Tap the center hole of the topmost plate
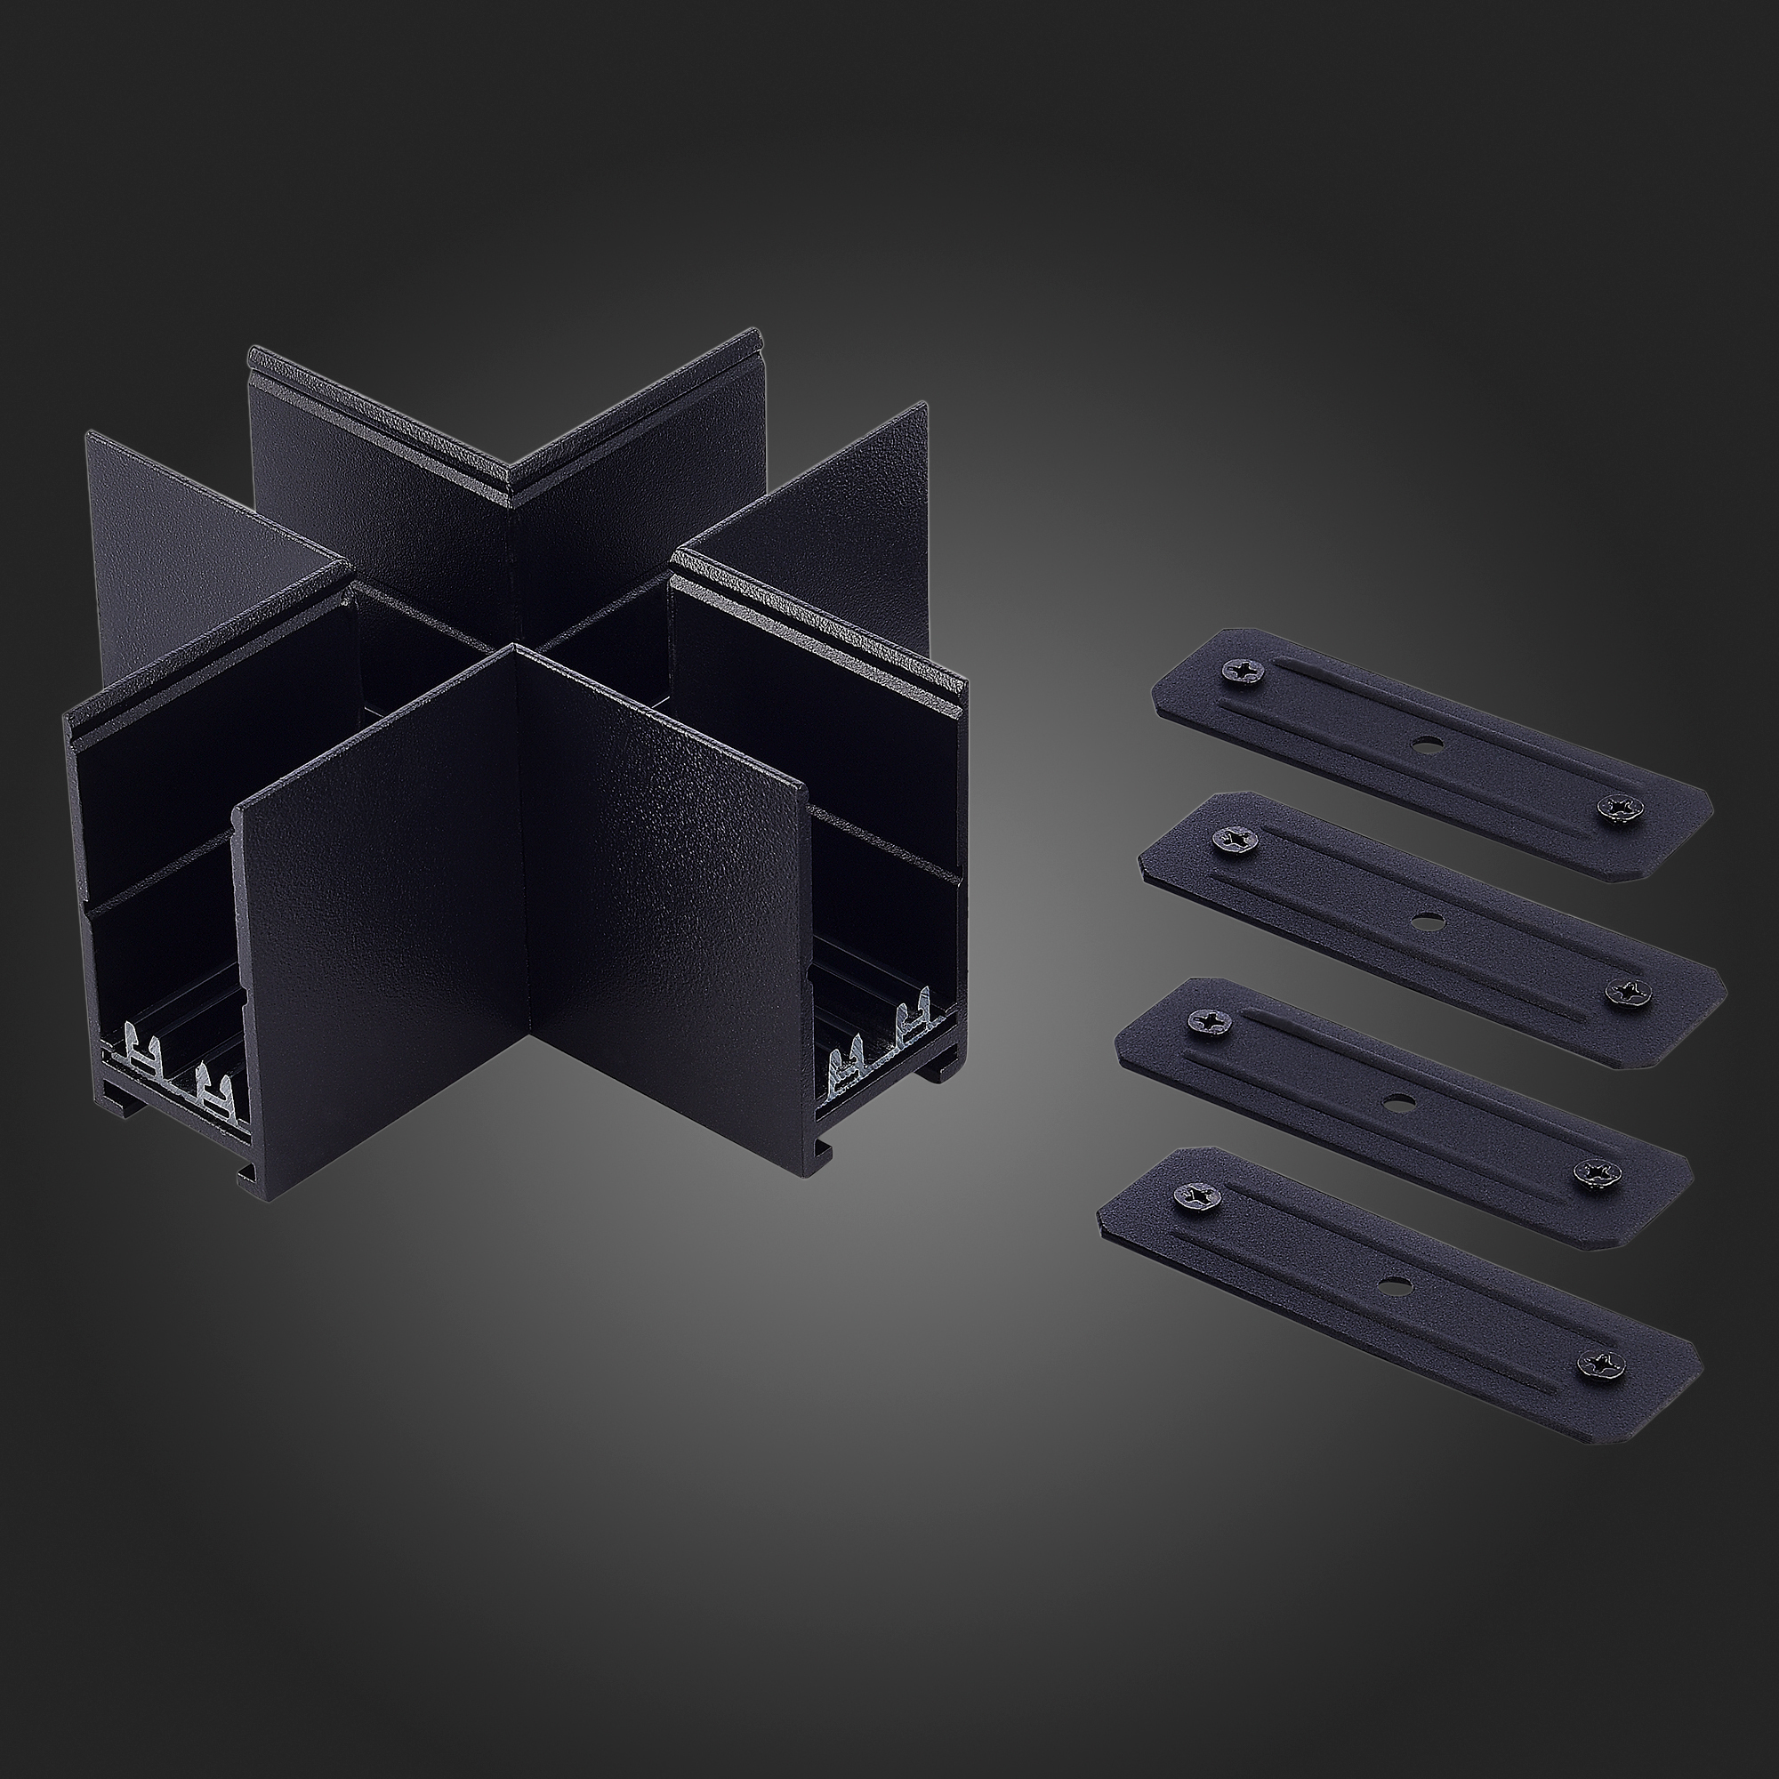pos(1428,742)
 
